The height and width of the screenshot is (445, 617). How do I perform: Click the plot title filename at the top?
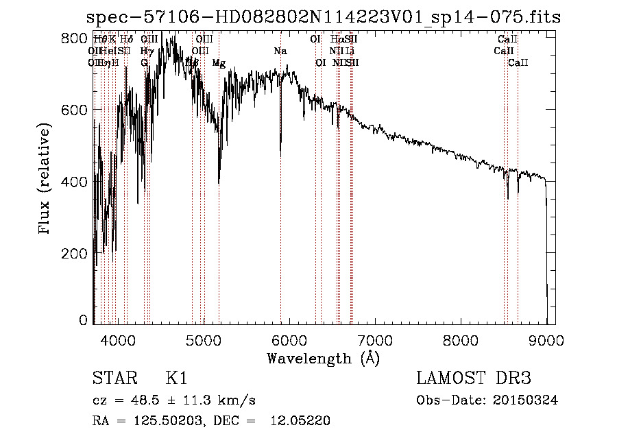tap(326, 17)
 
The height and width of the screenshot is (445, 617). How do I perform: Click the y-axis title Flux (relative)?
tap(45, 180)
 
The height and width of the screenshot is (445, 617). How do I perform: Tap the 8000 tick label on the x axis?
tap(461, 339)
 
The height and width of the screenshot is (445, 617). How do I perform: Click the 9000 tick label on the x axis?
tap(546, 339)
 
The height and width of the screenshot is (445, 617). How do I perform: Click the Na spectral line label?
tap(280, 51)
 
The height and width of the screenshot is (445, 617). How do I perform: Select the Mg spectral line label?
tap(219, 63)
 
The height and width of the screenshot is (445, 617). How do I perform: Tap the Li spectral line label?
tap(350, 51)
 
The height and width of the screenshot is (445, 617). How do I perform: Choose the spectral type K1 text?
tap(176, 378)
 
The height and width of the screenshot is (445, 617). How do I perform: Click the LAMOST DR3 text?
tap(474, 378)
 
